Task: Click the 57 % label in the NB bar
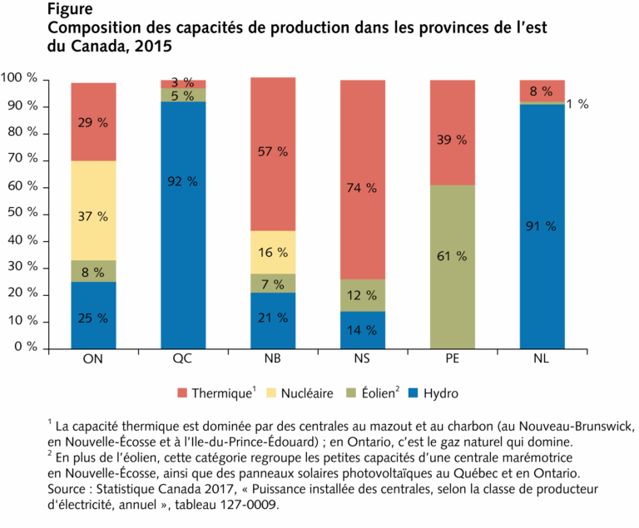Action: click(272, 151)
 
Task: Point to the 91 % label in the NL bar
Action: click(542, 225)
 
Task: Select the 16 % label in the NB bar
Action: click(272, 253)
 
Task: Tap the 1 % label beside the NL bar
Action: click(577, 104)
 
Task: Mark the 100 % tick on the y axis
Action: click(19, 79)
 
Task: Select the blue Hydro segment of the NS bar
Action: click(362, 329)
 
